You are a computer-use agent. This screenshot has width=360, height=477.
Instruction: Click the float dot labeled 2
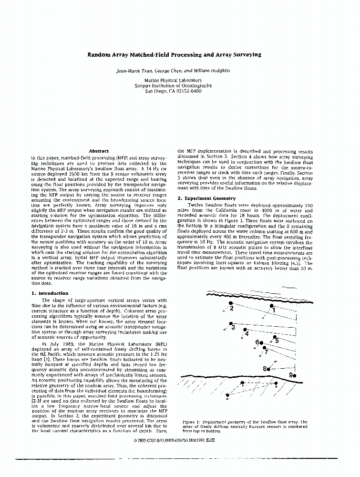(x=231, y=303)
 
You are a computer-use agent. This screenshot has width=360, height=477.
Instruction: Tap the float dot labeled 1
(x=271, y=305)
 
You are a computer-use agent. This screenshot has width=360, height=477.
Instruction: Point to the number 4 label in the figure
(x=247, y=334)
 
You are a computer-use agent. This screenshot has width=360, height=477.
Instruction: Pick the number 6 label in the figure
(x=257, y=342)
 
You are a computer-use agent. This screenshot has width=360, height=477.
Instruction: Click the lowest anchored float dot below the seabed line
(x=227, y=395)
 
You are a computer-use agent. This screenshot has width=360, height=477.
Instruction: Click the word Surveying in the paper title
(x=245, y=55)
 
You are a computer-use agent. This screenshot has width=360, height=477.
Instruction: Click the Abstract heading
(x=99, y=151)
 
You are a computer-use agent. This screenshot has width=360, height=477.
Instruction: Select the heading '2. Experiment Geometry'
(x=206, y=198)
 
